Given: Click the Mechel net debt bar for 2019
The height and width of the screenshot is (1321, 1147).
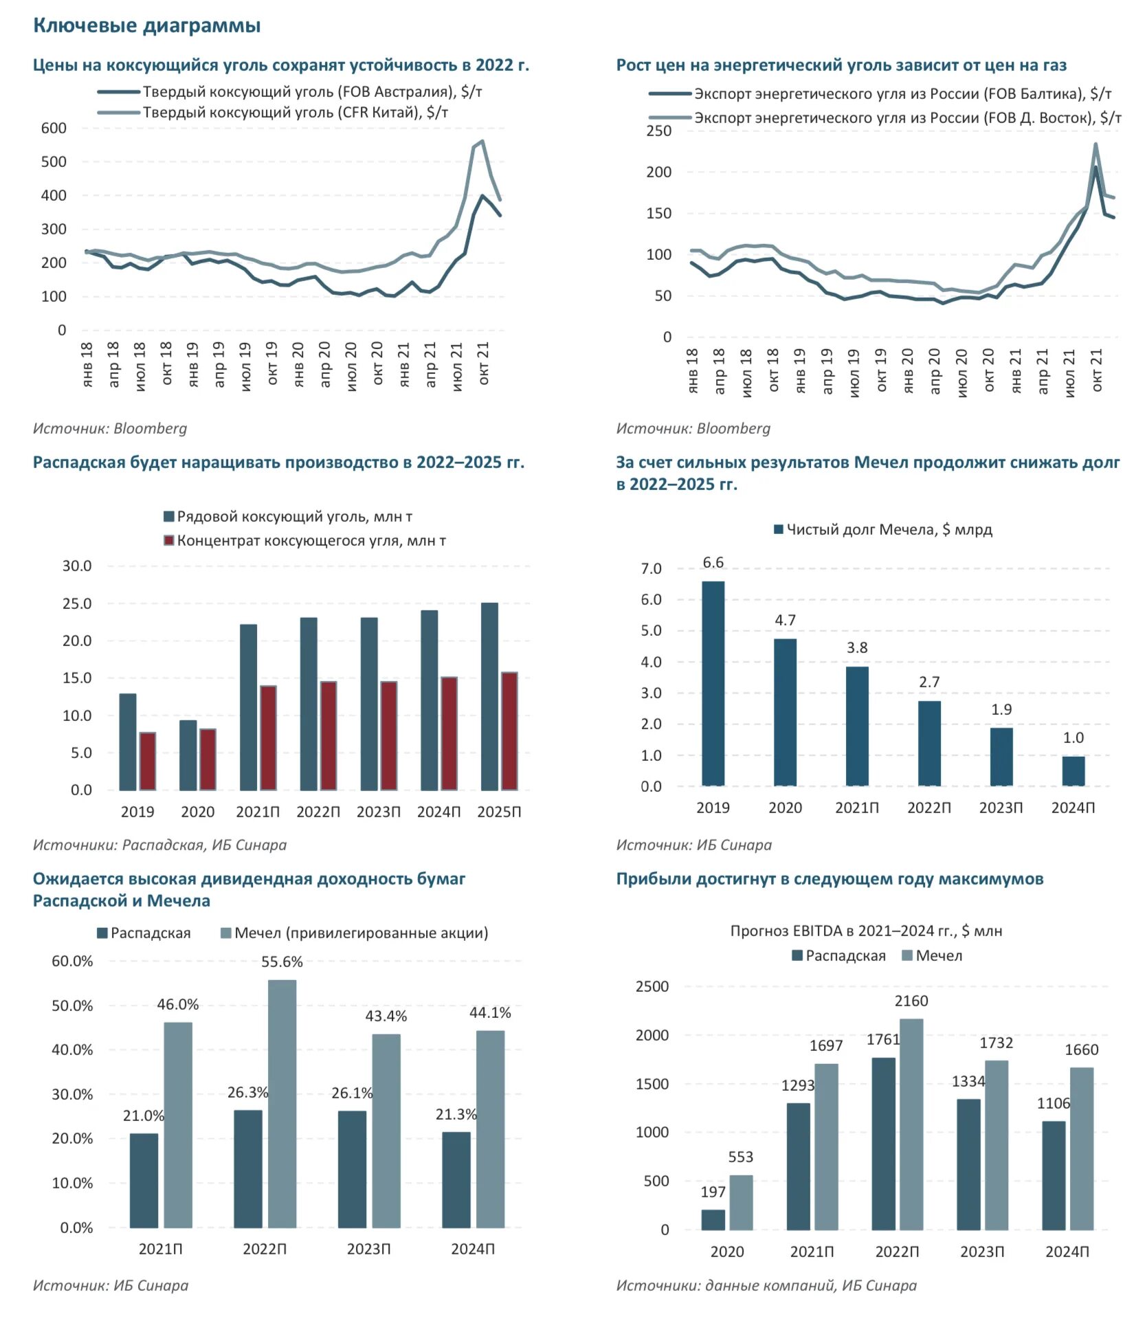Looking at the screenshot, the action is click(x=713, y=683).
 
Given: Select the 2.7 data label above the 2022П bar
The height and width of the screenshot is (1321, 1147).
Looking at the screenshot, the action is click(x=929, y=682).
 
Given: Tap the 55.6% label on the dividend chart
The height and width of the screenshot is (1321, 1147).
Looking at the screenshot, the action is click(x=282, y=962).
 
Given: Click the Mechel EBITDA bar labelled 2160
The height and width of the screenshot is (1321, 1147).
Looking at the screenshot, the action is click(x=911, y=1124).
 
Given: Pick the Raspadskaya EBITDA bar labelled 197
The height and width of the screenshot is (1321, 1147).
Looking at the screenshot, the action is click(x=713, y=1219).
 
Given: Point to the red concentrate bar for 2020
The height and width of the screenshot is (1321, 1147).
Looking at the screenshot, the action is click(x=208, y=759).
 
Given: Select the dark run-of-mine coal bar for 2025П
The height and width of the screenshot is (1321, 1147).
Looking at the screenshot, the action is click(x=489, y=696).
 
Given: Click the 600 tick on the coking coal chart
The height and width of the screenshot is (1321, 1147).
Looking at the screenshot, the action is click(x=54, y=128).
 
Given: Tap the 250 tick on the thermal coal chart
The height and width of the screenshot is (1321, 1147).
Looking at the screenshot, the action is click(x=658, y=131).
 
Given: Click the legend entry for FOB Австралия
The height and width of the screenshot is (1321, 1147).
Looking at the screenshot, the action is click(x=290, y=91).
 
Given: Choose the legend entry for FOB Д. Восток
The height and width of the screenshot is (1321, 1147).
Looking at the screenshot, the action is click(x=885, y=118).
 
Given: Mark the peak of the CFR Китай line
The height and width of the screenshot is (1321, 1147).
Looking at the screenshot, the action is click(x=482, y=142).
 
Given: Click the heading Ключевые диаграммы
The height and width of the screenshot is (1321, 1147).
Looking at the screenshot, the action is click(x=147, y=25).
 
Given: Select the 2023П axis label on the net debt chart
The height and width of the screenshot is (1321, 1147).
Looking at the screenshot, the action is click(x=1001, y=808).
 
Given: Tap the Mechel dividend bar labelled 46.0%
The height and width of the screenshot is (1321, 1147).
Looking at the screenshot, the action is click(x=178, y=1126).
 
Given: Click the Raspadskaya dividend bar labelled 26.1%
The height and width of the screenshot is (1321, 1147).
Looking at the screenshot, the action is click(x=352, y=1170).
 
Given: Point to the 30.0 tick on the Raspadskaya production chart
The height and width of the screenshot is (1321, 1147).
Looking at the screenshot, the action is click(x=77, y=566).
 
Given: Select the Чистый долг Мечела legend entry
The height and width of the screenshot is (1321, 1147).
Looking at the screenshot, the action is click(x=883, y=529).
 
